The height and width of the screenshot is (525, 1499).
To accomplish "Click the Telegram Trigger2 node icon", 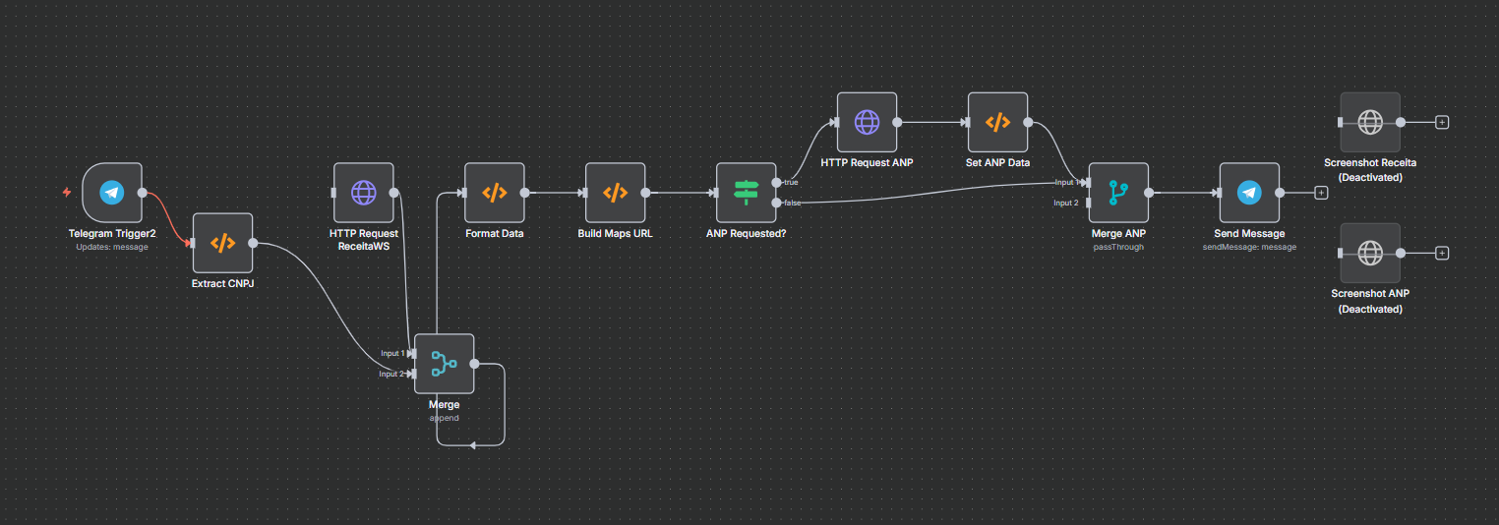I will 112,193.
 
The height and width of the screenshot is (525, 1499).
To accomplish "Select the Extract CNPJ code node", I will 222,243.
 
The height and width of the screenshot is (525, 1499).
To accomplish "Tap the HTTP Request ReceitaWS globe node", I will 363,193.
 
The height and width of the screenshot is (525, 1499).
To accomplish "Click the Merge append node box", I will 444,364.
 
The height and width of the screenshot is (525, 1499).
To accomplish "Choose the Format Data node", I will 494,193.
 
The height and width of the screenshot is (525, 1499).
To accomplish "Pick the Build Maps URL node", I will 615,193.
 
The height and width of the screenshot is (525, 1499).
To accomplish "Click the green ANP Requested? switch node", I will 746,193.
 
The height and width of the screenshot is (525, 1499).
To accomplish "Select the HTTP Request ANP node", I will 867,122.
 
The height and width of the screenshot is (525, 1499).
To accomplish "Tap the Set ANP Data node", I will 997,122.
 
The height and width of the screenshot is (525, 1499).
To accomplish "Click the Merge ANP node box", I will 1118,193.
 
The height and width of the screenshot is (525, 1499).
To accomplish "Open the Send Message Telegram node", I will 1248,193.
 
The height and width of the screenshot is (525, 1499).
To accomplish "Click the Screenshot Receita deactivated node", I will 1369,122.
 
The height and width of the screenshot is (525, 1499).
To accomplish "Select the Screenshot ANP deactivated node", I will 1369,253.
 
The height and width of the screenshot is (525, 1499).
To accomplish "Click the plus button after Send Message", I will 1321,193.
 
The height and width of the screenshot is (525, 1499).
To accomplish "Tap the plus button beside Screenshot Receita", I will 1442,122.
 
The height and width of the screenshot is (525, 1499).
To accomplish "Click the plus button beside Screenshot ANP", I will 1442,253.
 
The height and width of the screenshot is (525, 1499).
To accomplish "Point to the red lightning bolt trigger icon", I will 67,192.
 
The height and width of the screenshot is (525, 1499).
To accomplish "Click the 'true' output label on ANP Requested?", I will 790,182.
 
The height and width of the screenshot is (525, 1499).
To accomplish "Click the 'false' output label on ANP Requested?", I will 791,203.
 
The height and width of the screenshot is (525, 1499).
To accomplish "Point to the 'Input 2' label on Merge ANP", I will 1065,203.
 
